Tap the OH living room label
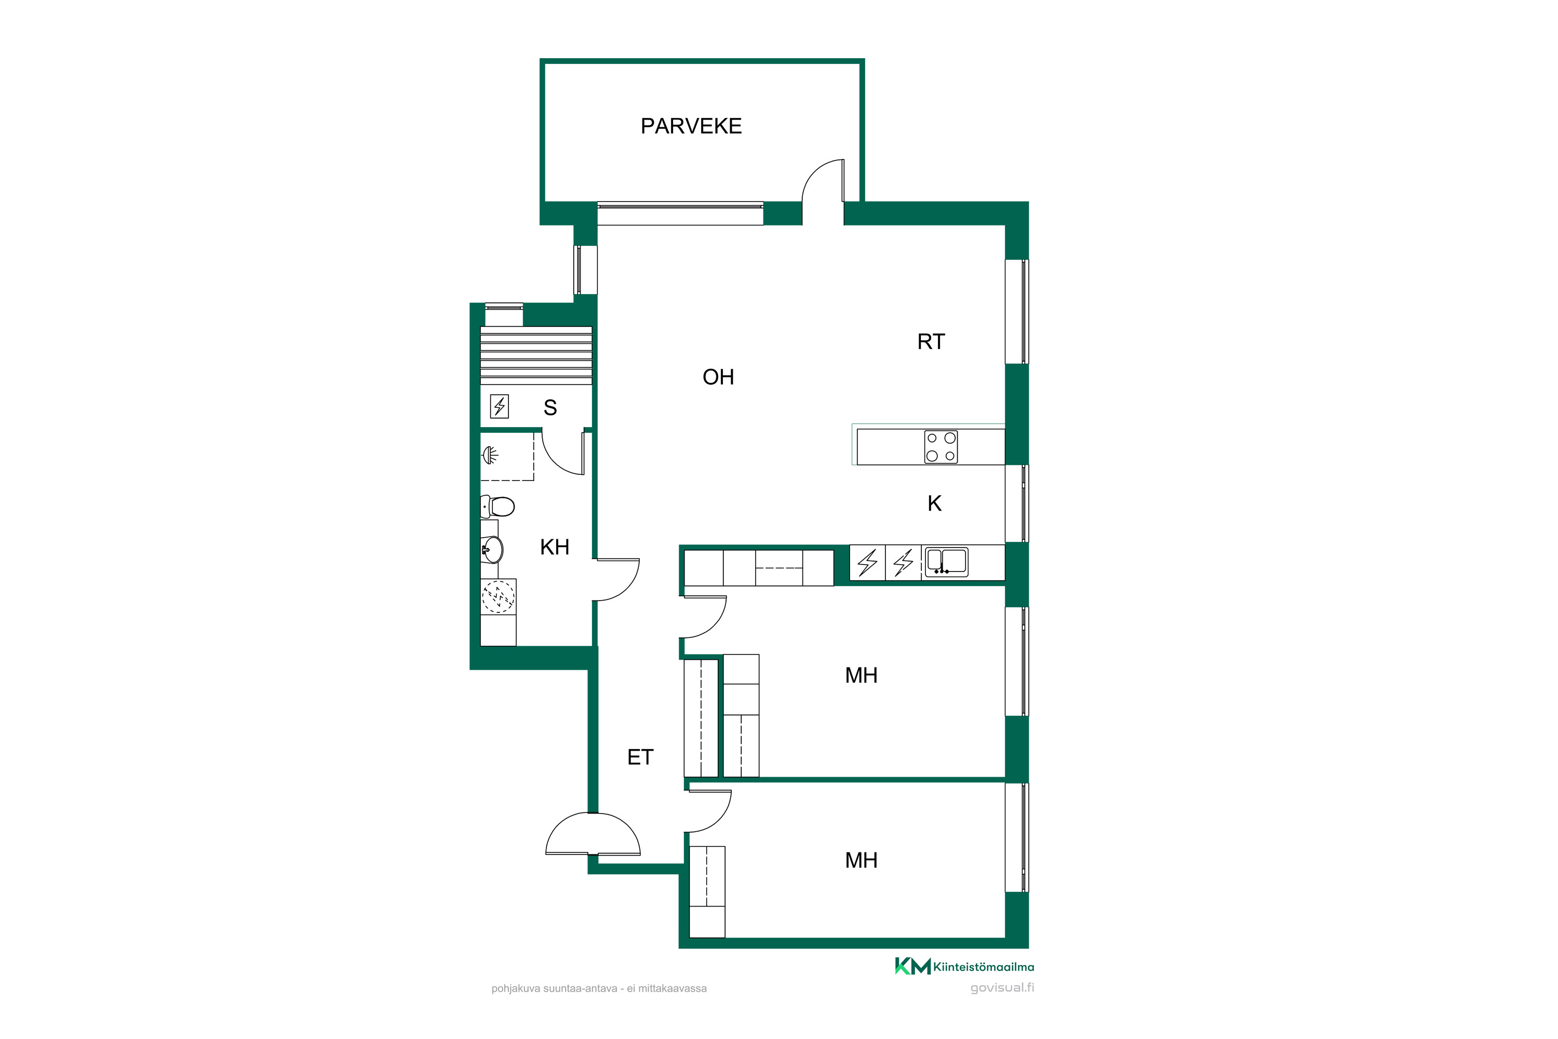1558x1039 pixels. click(718, 377)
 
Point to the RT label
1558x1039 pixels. click(931, 342)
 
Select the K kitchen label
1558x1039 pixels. click(935, 503)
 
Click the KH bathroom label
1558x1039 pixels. click(555, 548)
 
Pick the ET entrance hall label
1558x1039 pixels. click(640, 757)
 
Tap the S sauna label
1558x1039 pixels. click(550, 407)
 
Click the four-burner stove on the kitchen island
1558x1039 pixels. click(941, 447)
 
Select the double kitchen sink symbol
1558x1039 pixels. click(947, 561)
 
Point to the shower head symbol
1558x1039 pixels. click(490, 455)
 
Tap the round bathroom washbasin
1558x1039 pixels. click(492, 549)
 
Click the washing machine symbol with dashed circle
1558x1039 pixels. click(498, 596)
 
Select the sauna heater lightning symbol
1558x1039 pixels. click(500, 406)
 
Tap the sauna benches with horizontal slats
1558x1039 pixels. click(536, 355)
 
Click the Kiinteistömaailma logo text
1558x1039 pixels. click(983, 967)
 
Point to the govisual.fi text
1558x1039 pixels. click(1002, 988)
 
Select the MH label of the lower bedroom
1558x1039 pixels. click(861, 860)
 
